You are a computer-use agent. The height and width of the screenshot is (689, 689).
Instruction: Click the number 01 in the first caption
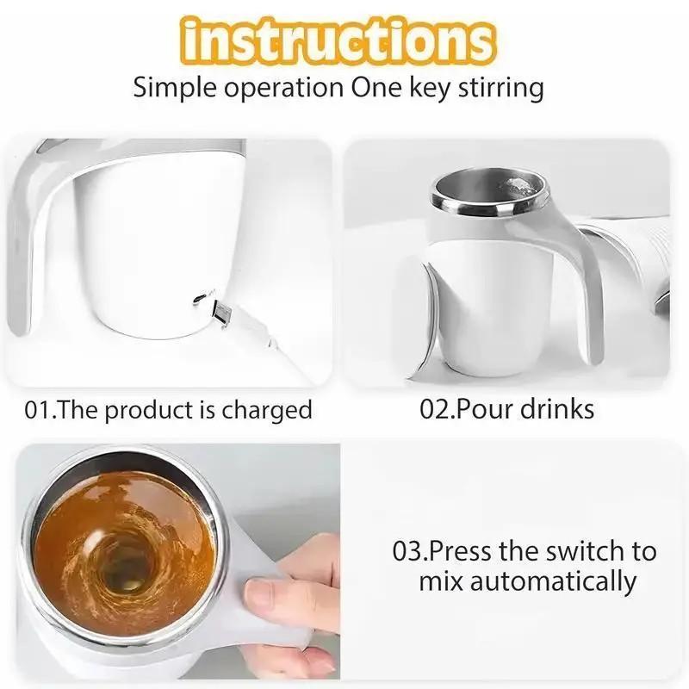[x=39, y=409]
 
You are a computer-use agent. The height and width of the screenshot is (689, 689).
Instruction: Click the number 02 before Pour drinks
[x=435, y=409]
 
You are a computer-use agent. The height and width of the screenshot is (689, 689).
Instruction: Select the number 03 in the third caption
[x=408, y=550]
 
